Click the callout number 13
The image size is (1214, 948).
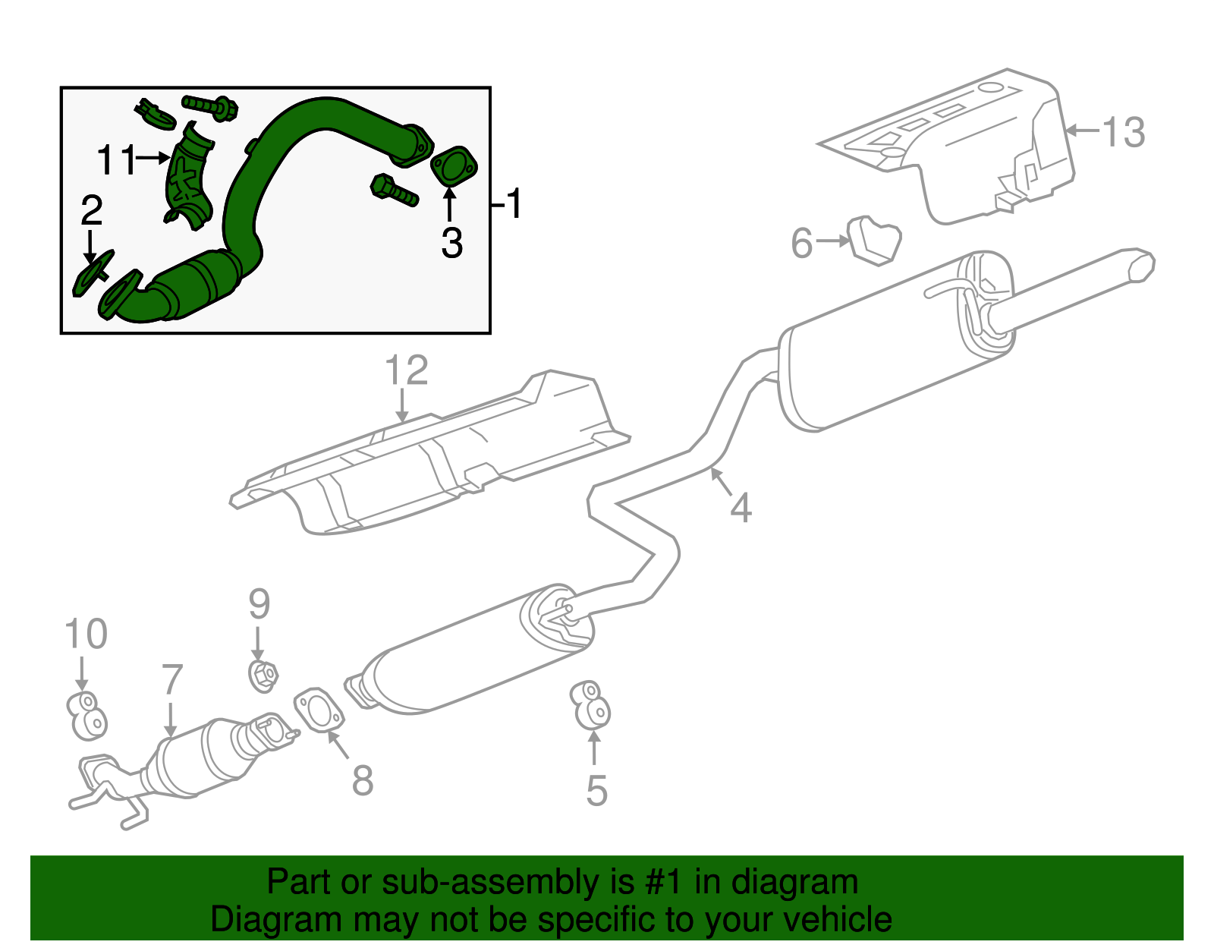pyautogui.click(x=1122, y=132)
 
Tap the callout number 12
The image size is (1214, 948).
pyautogui.click(x=406, y=370)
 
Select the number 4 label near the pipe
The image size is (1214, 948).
pyautogui.click(x=741, y=507)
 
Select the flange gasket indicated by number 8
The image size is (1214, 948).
pyautogui.click(x=318, y=709)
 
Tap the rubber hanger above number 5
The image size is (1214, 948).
pyautogui.click(x=591, y=704)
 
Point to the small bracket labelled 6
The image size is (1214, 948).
pyautogui.click(x=875, y=240)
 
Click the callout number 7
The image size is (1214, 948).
pyautogui.click(x=172, y=679)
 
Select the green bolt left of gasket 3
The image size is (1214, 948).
pyautogui.click(x=394, y=190)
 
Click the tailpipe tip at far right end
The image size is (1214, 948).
pyautogui.click(x=1140, y=265)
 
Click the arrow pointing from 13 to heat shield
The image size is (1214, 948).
pyautogui.click(x=1080, y=131)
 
